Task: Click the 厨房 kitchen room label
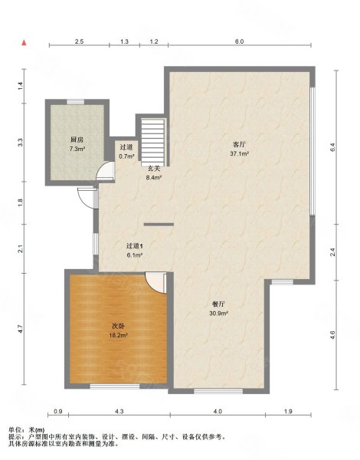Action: [x=77, y=140]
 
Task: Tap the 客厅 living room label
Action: [x=240, y=143]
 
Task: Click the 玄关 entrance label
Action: [x=153, y=168]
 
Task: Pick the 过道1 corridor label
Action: [x=135, y=245]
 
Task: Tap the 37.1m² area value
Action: [x=240, y=153]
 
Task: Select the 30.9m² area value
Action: [x=218, y=313]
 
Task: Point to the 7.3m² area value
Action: [x=77, y=149]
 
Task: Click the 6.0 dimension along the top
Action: [x=239, y=41]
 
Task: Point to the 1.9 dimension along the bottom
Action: [x=287, y=413]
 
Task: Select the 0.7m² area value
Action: [x=126, y=156]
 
